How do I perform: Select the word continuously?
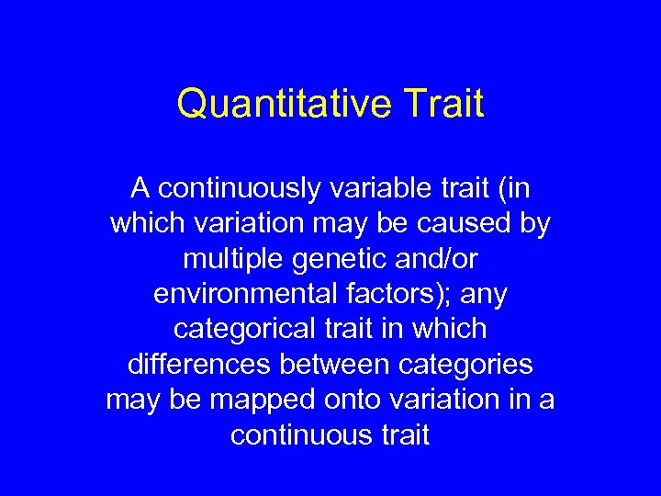[x=238, y=188]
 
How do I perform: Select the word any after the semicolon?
[x=483, y=296]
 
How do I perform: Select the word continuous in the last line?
[x=299, y=434]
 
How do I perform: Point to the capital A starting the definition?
[x=140, y=188]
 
